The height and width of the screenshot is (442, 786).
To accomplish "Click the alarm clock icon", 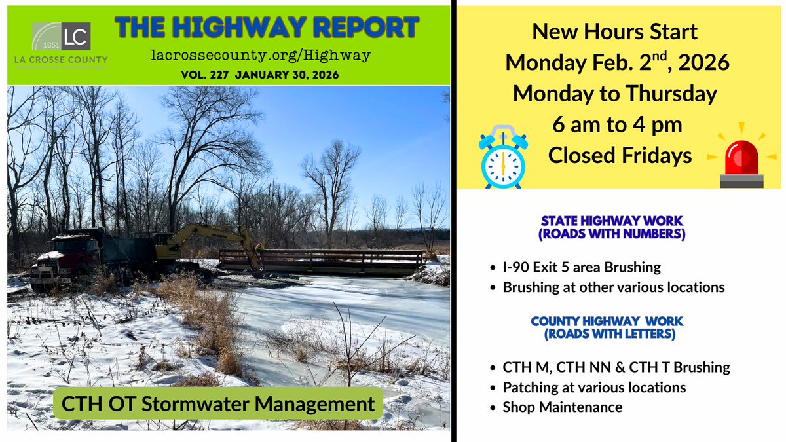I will [502, 157].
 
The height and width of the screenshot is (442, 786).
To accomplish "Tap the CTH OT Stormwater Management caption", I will [218, 404].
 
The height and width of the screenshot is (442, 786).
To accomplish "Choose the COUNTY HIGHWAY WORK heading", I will [607, 327].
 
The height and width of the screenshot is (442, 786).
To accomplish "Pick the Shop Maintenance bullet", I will [562, 407].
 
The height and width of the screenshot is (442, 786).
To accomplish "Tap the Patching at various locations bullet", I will [594, 387].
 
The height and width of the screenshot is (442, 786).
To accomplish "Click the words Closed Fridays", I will [620, 155].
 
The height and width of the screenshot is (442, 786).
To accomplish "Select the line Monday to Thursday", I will [614, 93].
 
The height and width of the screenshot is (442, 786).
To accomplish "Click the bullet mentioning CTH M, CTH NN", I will [616, 367].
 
